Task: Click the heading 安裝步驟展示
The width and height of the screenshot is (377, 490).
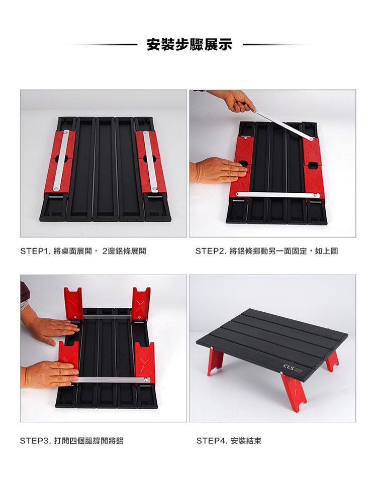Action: click(x=189, y=44)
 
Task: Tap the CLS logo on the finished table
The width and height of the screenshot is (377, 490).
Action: click(x=289, y=366)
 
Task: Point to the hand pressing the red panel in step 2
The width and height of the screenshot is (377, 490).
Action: click(x=219, y=169)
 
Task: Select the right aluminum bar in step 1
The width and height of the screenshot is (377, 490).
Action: click(x=150, y=161)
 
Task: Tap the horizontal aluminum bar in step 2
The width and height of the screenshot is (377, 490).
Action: click(x=277, y=195)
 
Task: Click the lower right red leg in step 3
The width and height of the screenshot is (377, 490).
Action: click(x=145, y=361)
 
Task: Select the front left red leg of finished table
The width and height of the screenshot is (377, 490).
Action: click(x=215, y=361)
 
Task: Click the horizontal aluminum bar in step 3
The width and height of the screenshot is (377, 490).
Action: click(x=111, y=380)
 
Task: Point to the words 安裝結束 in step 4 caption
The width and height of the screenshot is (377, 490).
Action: click(x=246, y=441)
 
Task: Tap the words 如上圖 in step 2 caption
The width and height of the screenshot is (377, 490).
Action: click(x=326, y=251)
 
